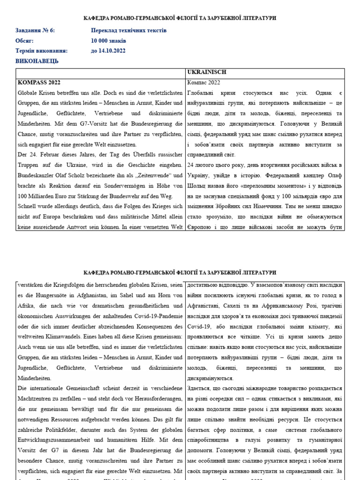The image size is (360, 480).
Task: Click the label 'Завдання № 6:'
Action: [x=35, y=30]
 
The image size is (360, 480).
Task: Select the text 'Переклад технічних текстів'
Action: [x=129, y=30]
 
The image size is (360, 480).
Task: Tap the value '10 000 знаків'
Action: [x=109, y=41]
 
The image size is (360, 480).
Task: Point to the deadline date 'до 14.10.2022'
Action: [x=108, y=51]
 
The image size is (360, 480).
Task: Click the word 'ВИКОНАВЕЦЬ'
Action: [x=37, y=61]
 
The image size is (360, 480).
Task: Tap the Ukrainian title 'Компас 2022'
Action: [x=203, y=82]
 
